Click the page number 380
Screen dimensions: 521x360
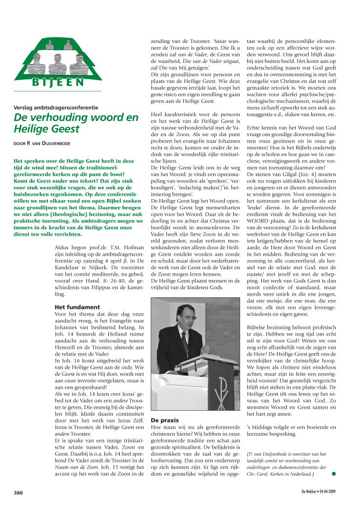(18, 493)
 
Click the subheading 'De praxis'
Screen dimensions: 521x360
(164, 420)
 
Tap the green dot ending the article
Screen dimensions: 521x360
(334, 473)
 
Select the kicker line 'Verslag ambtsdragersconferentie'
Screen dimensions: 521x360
(56, 107)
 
